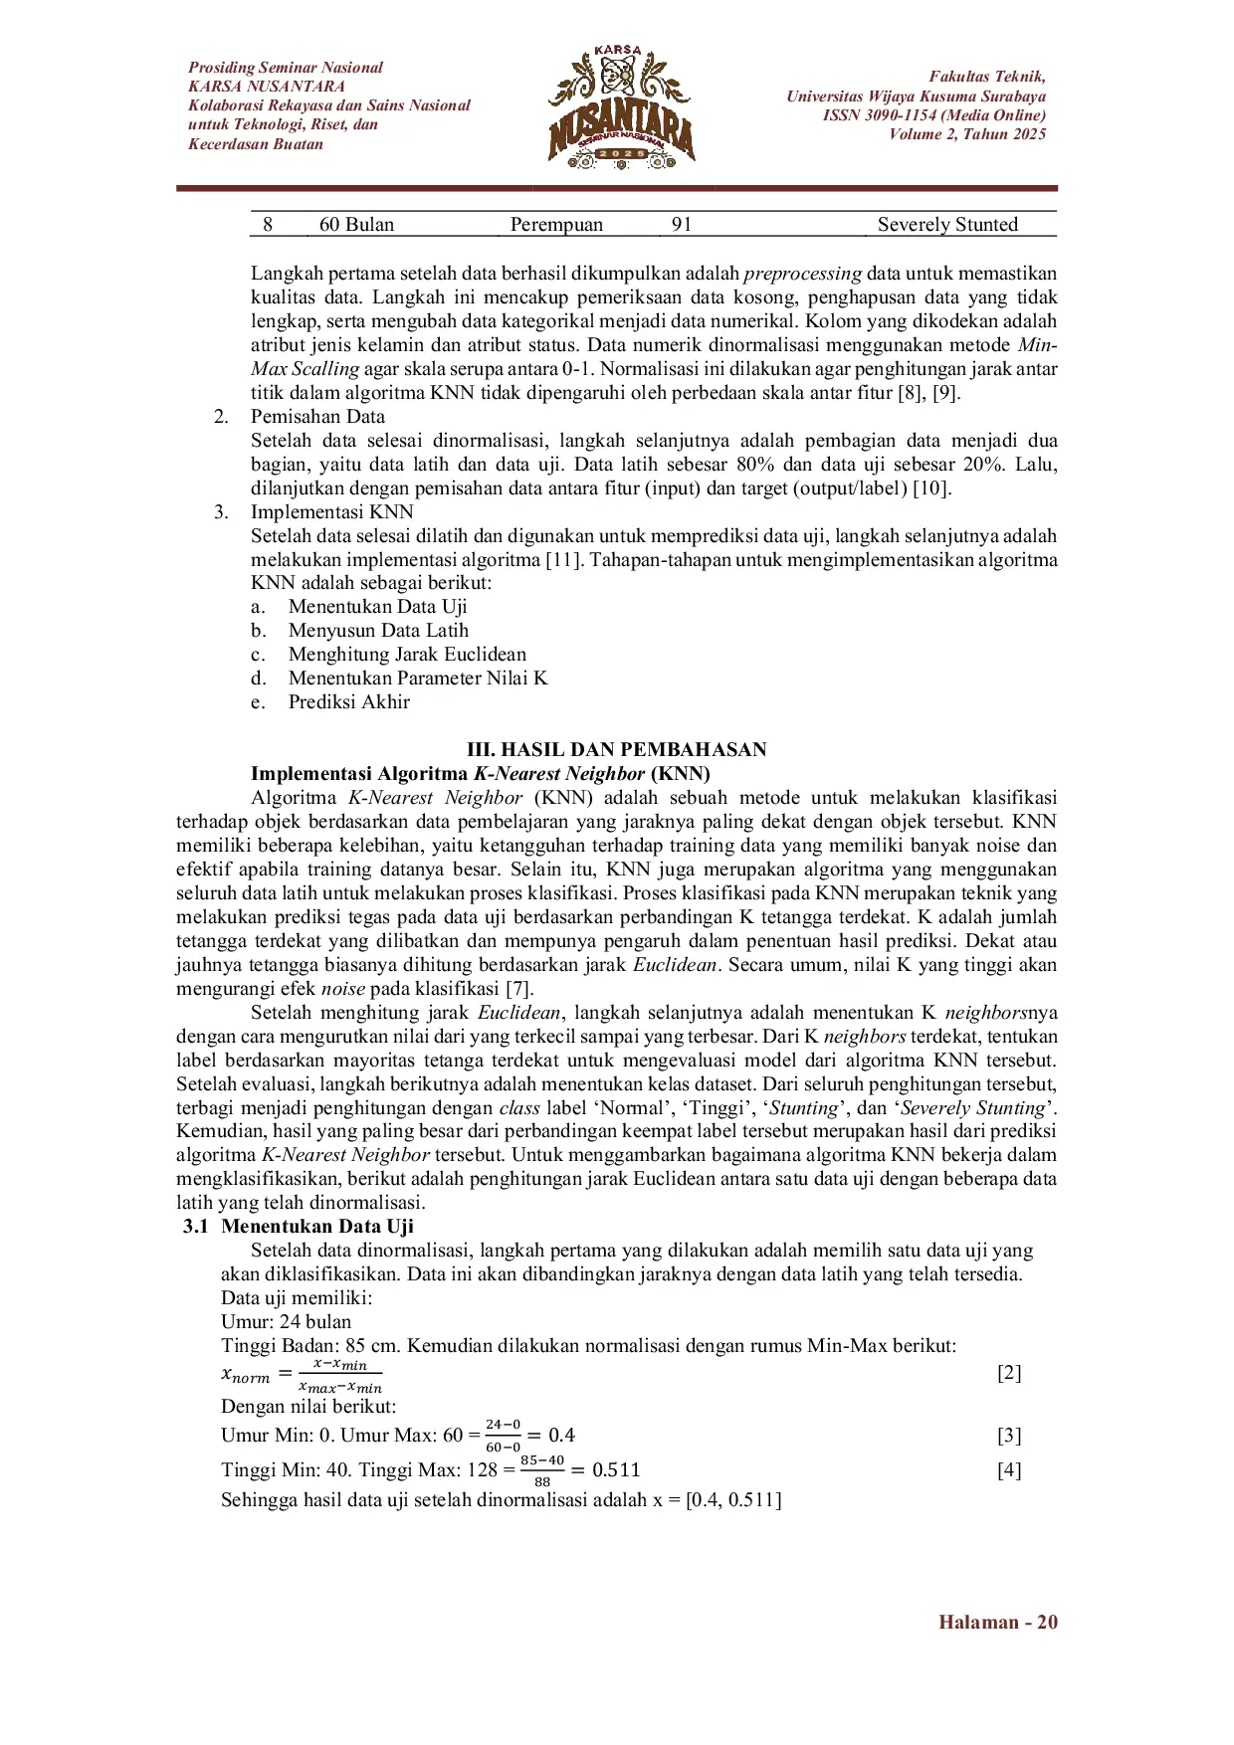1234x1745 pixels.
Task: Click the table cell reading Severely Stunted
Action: click(947, 225)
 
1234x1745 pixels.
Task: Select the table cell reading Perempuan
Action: click(556, 225)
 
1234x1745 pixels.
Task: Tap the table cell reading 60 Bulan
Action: click(356, 225)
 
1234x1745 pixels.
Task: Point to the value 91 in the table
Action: click(681, 225)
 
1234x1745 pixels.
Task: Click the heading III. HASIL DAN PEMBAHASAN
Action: click(617, 750)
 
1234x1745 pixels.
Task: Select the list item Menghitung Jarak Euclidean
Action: click(407, 655)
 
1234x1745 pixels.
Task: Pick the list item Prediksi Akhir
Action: click(348, 702)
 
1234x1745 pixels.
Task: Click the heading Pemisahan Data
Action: click(317, 417)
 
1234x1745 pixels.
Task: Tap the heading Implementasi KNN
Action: click(331, 512)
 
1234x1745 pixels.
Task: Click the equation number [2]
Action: click(1009, 1374)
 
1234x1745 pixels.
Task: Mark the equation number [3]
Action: click(1009, 1436)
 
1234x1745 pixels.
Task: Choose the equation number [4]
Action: click(1009, 1470)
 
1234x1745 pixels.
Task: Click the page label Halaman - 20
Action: click(997, 1623)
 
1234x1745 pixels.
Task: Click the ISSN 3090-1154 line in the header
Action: click(933, 115)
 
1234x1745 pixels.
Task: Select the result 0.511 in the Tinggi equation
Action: click(616, 1470)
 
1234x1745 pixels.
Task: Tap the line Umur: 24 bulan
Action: click(286, 1322)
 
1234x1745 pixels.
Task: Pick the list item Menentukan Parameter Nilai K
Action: click(418, 679)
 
